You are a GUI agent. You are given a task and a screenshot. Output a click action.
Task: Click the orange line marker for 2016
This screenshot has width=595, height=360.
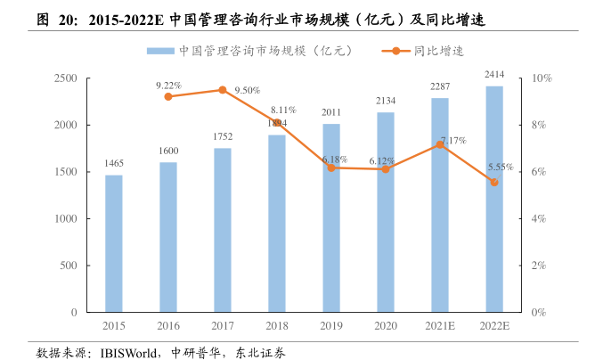click(x=168, y=96)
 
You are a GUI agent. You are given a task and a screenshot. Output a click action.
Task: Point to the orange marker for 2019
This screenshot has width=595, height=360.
click(x=330, y=168)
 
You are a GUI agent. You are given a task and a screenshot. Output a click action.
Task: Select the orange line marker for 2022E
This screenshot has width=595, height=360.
click(x=493, y=182)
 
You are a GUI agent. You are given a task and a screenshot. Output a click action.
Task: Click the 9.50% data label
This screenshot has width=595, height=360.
click(x=247, y=90)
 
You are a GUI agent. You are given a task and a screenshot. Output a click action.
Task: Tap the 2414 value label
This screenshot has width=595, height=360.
click(x=493, y=74)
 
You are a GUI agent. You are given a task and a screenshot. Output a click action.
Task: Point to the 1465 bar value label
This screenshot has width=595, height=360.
click(x=113, y=163)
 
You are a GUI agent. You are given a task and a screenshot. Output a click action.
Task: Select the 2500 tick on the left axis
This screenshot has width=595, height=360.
click(x=65, y=78)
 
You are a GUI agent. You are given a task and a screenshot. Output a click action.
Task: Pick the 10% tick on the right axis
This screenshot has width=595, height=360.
click(x=542, y=78)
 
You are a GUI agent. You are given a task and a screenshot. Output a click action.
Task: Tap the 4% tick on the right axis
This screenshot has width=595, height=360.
click(x=539, y=219)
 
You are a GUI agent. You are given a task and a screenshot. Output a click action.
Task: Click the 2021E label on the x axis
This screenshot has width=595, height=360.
click(x=439, y=326)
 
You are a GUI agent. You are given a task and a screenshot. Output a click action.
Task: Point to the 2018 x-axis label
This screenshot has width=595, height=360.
click(x=276, y=326)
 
